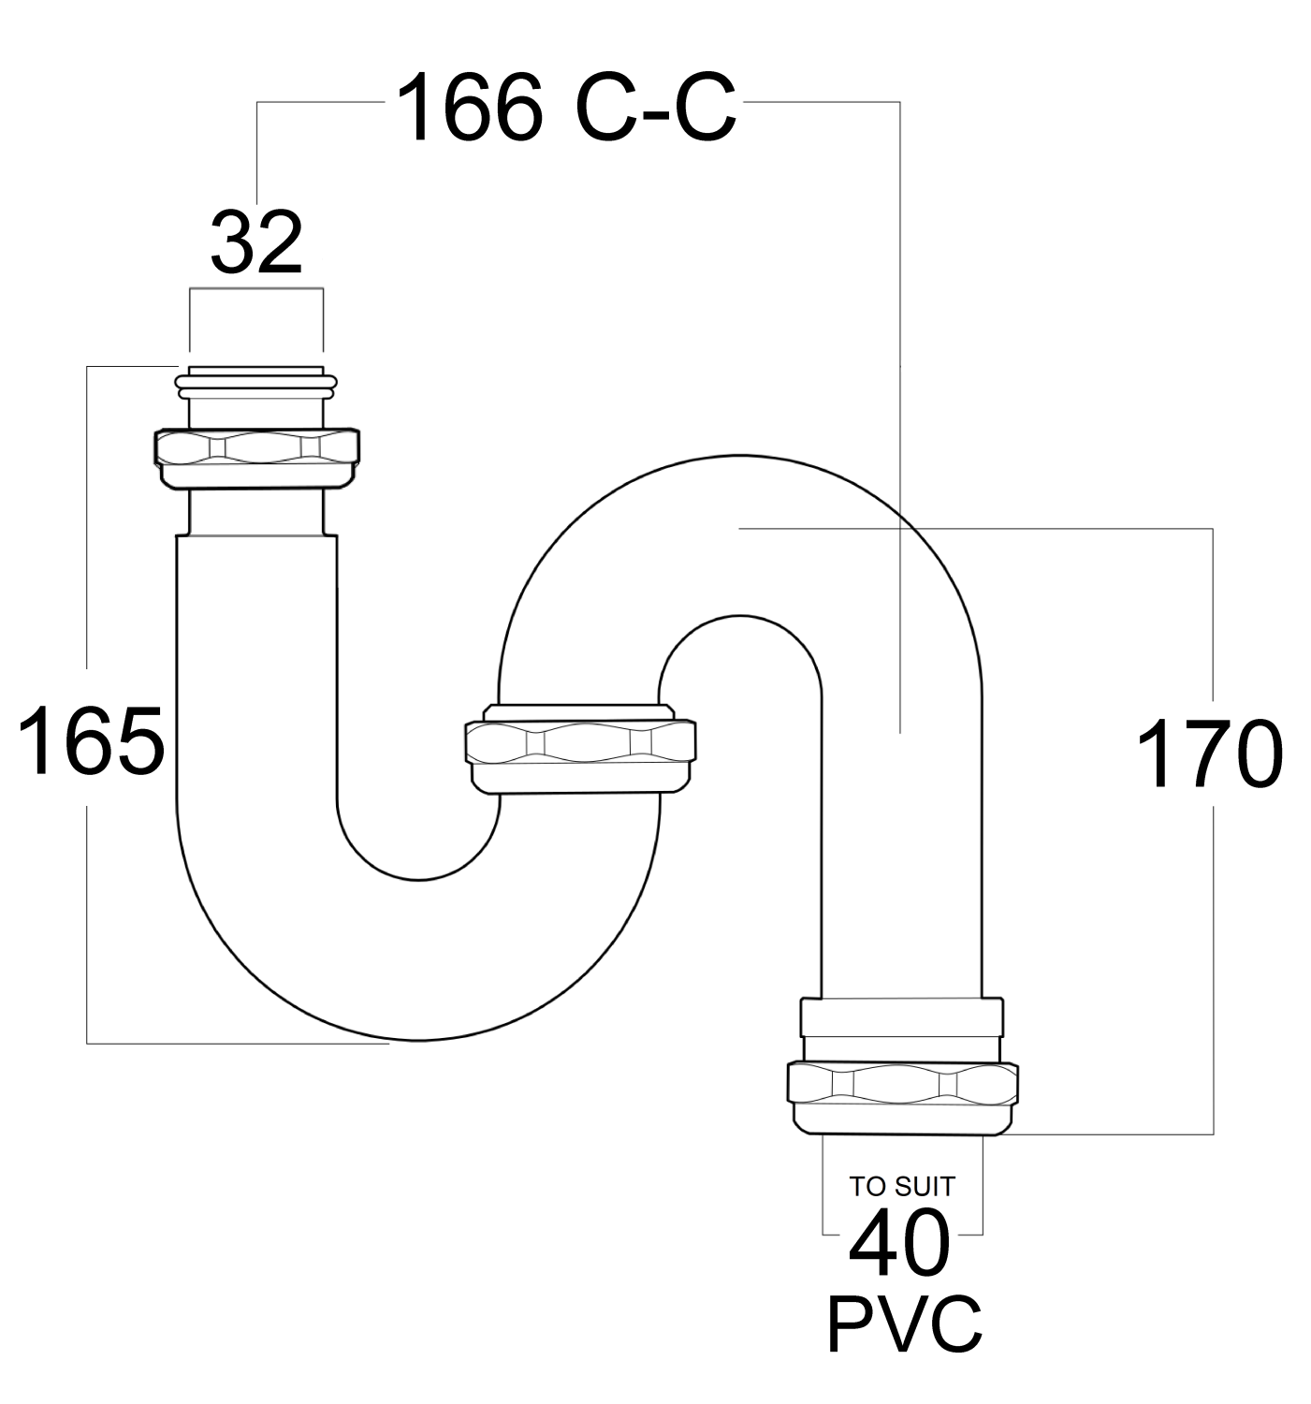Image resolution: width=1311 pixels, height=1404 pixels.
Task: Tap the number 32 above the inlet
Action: point(255,242)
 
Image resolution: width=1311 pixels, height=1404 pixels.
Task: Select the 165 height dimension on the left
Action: point(91,741)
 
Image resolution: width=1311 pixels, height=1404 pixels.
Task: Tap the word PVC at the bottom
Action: point(904,1324)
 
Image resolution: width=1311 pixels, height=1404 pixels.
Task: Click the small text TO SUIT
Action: point(902,1186)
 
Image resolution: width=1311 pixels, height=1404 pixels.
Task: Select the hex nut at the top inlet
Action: point(256,457)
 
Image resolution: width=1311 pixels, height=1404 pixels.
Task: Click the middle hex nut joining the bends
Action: point(579,753)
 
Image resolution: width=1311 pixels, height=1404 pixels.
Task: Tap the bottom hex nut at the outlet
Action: point(902,1093)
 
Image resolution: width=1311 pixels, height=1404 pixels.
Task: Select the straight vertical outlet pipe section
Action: point(901,842)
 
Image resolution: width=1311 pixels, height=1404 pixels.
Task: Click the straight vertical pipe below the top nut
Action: point(256,655)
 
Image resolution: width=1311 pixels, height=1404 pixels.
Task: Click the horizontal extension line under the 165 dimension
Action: point(234,1043)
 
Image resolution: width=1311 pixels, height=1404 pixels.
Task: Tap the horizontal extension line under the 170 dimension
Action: point(1104,1134)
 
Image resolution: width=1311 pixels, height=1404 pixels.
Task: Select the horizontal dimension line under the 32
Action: point(255,289)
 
